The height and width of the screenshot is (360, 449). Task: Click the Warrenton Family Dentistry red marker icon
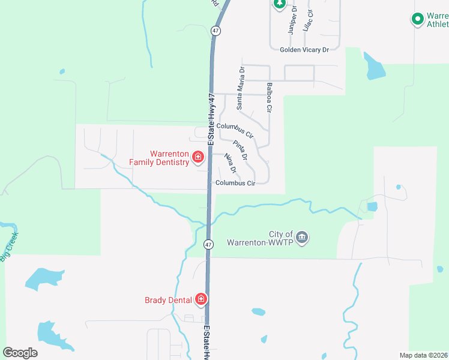197,158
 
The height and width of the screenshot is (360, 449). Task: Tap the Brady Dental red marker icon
201,299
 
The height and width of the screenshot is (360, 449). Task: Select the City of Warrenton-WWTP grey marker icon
302,238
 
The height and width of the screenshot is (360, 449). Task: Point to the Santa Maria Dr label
241,88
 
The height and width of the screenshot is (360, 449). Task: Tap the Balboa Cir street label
270,98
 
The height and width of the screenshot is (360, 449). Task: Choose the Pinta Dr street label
240,149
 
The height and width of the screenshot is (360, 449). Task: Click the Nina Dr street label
230,163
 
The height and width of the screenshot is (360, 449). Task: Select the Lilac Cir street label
309,20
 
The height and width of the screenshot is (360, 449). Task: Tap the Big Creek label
10,247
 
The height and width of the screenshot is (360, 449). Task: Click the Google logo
20,353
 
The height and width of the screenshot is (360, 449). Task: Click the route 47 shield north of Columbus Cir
216,30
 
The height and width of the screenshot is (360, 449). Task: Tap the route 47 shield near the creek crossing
208,244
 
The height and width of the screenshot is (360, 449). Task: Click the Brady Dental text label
168,300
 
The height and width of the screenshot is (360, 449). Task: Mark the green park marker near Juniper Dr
279,4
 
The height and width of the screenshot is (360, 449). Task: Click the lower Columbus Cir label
235,183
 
